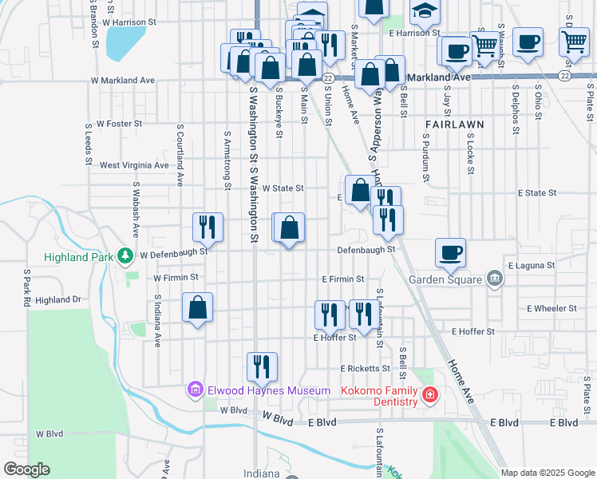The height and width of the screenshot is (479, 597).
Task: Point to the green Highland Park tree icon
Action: point(125,255)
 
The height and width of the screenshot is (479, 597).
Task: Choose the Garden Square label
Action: point(445,279)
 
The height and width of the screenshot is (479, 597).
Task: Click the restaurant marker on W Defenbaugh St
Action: point(207,227)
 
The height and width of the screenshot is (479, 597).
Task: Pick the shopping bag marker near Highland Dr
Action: point(197,307)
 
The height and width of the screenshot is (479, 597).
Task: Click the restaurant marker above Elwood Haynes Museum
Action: point(262,366)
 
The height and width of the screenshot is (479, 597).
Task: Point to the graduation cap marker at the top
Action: point(425,11)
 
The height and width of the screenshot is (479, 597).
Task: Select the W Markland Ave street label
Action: point(122,81)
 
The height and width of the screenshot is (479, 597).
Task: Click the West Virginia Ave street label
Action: point(133,165)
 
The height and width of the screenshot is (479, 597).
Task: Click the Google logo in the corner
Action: point(27,469)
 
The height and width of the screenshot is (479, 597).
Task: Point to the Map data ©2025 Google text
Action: point(547,473)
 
